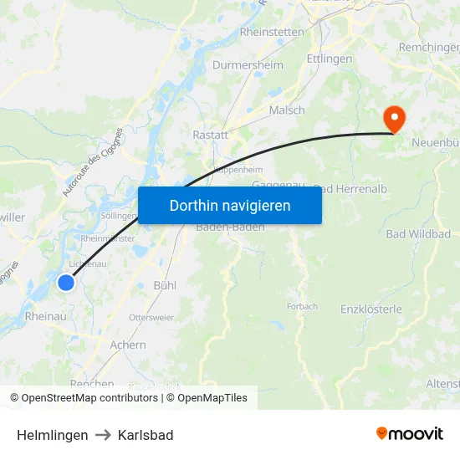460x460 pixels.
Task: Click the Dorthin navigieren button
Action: (229, 205)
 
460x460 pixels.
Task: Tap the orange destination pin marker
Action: (392, 120)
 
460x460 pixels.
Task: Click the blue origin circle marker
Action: (65, 283)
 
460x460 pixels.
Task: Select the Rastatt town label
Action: (210, 135)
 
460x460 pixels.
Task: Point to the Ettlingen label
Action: (329, 59)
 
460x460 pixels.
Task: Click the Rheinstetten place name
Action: (272, 32)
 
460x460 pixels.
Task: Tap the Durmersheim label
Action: (248, 64)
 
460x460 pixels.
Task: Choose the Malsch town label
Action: (287, 110)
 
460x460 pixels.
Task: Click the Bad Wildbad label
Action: (418, 233)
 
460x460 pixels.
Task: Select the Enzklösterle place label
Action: (371, 309)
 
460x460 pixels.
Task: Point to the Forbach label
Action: (302, 306)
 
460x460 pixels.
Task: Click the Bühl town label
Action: (165, 285)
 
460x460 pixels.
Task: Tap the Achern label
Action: (128, 345)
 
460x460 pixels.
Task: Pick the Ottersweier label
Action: (151, 318)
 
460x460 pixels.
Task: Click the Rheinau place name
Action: (46, 316)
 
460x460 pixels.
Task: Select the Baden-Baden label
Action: (230, 227)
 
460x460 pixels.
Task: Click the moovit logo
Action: (409, 433)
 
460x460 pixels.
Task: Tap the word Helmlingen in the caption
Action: (52, 435)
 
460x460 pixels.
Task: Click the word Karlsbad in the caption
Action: (146, 435)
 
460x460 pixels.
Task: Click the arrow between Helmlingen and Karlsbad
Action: (103, 435)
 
